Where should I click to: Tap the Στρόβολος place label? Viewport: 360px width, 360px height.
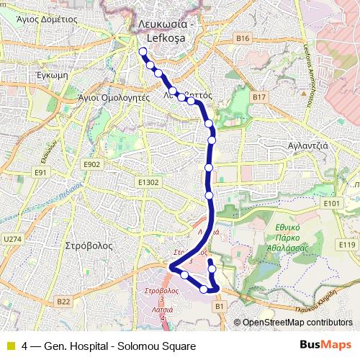point(89,245)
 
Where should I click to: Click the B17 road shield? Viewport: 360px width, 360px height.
point(259,96)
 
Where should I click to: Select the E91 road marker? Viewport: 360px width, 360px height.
point(40,173)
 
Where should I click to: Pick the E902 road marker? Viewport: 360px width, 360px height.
point(91,164)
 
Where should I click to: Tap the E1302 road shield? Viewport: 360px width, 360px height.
point(148,183)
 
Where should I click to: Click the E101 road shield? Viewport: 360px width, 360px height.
point(331,204)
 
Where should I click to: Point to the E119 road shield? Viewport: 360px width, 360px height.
point(347,245)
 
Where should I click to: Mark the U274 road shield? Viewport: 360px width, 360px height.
point(13,239)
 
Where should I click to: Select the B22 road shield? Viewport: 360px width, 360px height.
point(63,302)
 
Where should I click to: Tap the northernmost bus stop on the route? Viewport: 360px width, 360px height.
point(142,51)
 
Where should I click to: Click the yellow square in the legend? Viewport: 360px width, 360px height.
point(10,346)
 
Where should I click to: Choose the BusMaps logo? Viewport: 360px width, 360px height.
point(325,346)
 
